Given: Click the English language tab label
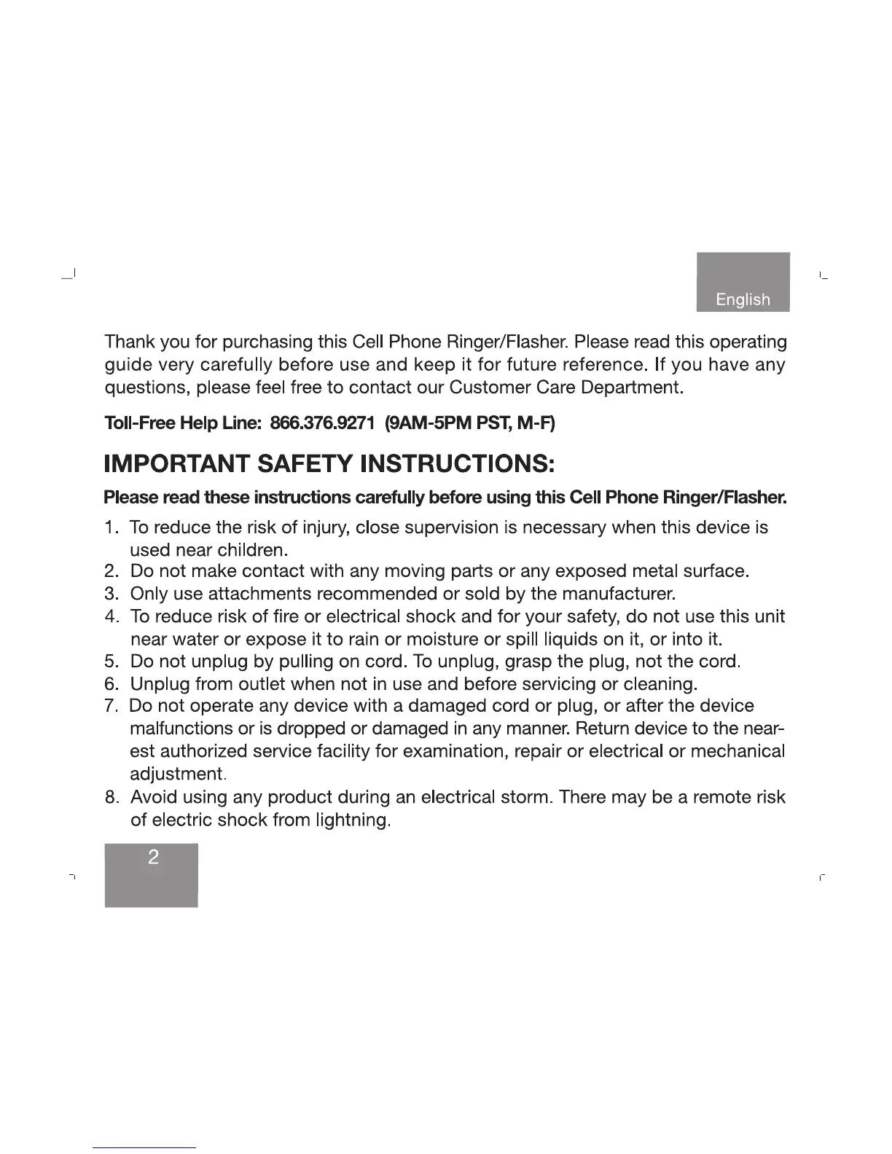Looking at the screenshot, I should click(x=743, y=299).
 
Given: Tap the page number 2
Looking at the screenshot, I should click(x=153, y=857).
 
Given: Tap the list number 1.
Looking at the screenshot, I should click(x=111, y=527).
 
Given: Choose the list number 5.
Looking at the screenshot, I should click(x=111, y=662).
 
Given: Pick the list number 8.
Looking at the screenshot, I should click(x=111, y=798).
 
